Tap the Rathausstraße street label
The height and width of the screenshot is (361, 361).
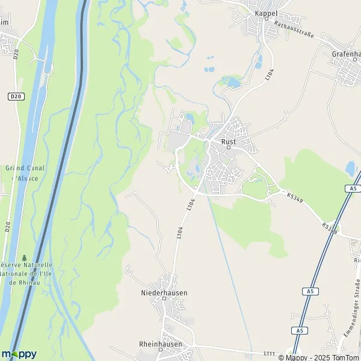(294, 29)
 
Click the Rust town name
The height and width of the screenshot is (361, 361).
(229, 141)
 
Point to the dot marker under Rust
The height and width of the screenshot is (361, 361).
(229, 147)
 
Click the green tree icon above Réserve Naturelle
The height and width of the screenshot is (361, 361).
(24, 258)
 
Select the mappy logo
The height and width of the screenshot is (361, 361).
(19, 353)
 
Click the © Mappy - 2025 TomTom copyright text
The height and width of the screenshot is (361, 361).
(319, 357)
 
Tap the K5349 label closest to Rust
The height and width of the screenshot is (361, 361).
(294, 197)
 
